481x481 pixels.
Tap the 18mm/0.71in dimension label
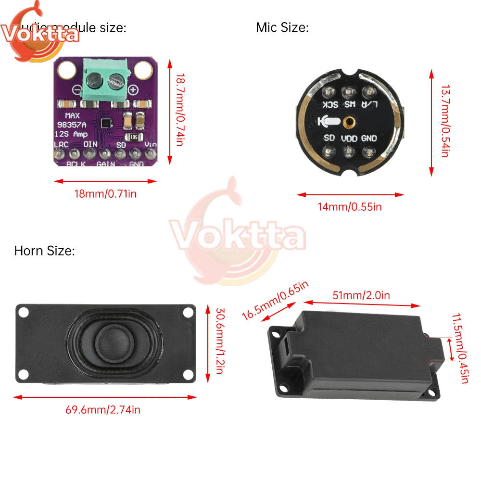[105, 194]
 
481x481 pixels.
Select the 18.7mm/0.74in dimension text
[179, 110]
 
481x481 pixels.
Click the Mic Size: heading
[282, 28]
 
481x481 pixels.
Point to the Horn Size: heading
[44, 251]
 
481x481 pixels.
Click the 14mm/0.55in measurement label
[350, 207]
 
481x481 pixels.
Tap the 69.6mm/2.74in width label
[103, 410]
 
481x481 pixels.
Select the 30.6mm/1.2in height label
[219, 342]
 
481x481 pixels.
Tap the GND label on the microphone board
[369, 138]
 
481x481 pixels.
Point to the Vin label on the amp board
[151, 144]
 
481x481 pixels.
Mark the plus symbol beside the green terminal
[134, 89]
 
